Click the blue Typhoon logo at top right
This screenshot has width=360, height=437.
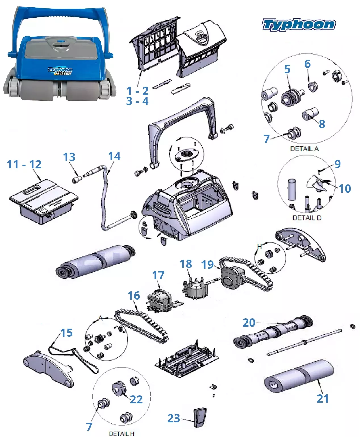pos(299,24)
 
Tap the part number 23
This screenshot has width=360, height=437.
pos(173,418)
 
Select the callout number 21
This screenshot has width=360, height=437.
pos(323,399)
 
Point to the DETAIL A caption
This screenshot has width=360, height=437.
pos(304,149)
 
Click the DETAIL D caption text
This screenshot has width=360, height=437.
pos(307,218)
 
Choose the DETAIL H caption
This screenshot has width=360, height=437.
pos(122,434)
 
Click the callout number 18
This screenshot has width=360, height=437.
pos(186,264)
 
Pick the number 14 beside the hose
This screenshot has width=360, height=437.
pos(114,156)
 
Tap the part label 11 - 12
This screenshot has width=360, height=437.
pos(24,164)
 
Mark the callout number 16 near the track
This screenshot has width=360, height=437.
pos(134,296)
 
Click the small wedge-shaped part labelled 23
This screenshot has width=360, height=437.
pos(200,417)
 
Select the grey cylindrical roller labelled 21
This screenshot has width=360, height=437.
pos(300,376)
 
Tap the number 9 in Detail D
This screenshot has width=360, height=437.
pos(337,164)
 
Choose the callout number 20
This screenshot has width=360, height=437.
pos(249,323)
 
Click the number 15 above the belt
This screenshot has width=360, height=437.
pos(67,333)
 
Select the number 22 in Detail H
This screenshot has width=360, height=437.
pos(136,400)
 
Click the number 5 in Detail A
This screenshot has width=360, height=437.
pos(287,69)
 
